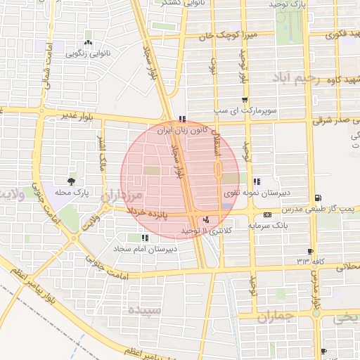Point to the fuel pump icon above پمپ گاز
pyautogui.click(x=320, y=198)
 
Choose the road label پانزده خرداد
pyautogui.click(x=148, y=213)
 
